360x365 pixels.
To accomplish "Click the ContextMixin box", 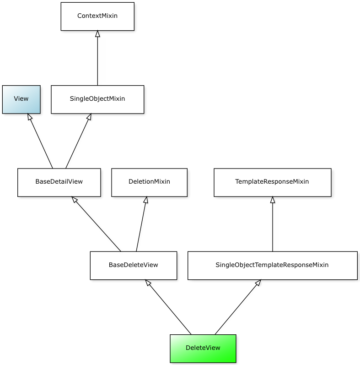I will point(97,16).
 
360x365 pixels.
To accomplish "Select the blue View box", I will point(21,99).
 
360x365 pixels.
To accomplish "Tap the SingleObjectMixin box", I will point(97,99).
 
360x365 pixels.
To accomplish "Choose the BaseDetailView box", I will point(59,182).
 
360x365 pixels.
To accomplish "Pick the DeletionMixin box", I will point(149,182).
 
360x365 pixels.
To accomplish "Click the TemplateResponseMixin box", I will point(272,182).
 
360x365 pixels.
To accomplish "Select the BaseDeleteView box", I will point(133,266).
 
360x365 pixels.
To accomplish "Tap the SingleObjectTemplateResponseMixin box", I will point(272,266).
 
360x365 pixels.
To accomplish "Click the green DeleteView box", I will point(203,349).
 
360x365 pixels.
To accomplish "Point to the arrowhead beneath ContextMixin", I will point(97,34).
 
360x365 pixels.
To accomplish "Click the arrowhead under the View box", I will point(30,117).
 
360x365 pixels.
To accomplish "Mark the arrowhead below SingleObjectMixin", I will point(89,117).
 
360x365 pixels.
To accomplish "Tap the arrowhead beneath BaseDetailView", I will point(75,200).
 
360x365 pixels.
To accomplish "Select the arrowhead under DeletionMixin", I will point(146,200).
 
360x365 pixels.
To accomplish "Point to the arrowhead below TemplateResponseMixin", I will point(272,200).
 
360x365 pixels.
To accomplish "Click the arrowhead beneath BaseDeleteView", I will point(148,283).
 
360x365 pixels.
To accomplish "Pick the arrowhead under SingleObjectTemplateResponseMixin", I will point(258,283).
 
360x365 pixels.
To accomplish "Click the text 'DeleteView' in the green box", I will point(203,348).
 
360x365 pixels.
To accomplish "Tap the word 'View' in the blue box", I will point(21,99).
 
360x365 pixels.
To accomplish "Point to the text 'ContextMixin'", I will point(97,16).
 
